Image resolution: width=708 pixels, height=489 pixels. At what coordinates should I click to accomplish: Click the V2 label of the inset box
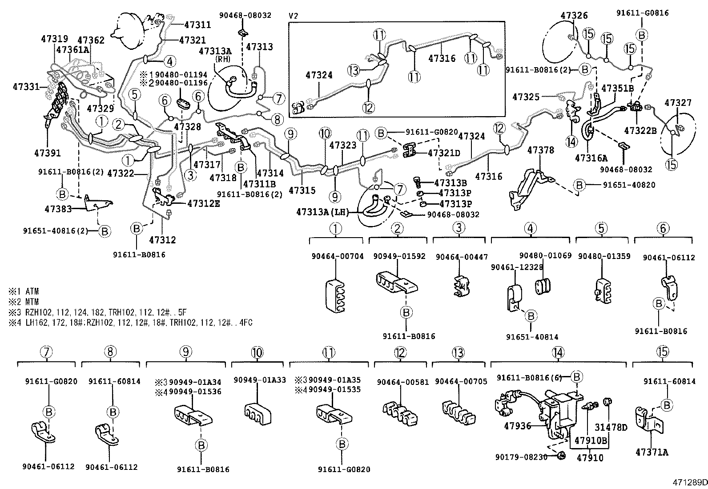point(294,16)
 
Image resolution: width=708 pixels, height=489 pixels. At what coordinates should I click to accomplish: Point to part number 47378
point(541,150)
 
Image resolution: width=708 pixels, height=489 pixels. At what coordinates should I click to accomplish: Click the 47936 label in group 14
point(518,426)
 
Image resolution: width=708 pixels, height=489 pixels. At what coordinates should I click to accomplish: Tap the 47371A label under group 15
point(652,453)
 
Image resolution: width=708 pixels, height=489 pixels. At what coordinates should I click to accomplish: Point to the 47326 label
point(574,16)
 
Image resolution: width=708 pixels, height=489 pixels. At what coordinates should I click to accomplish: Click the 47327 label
point(678,103)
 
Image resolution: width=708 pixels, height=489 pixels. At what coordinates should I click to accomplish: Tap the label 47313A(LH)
point(322,213)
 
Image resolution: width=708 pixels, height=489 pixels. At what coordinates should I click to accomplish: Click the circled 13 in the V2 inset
point(354,70)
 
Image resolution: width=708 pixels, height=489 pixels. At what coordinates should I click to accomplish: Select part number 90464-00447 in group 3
point(462,257)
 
